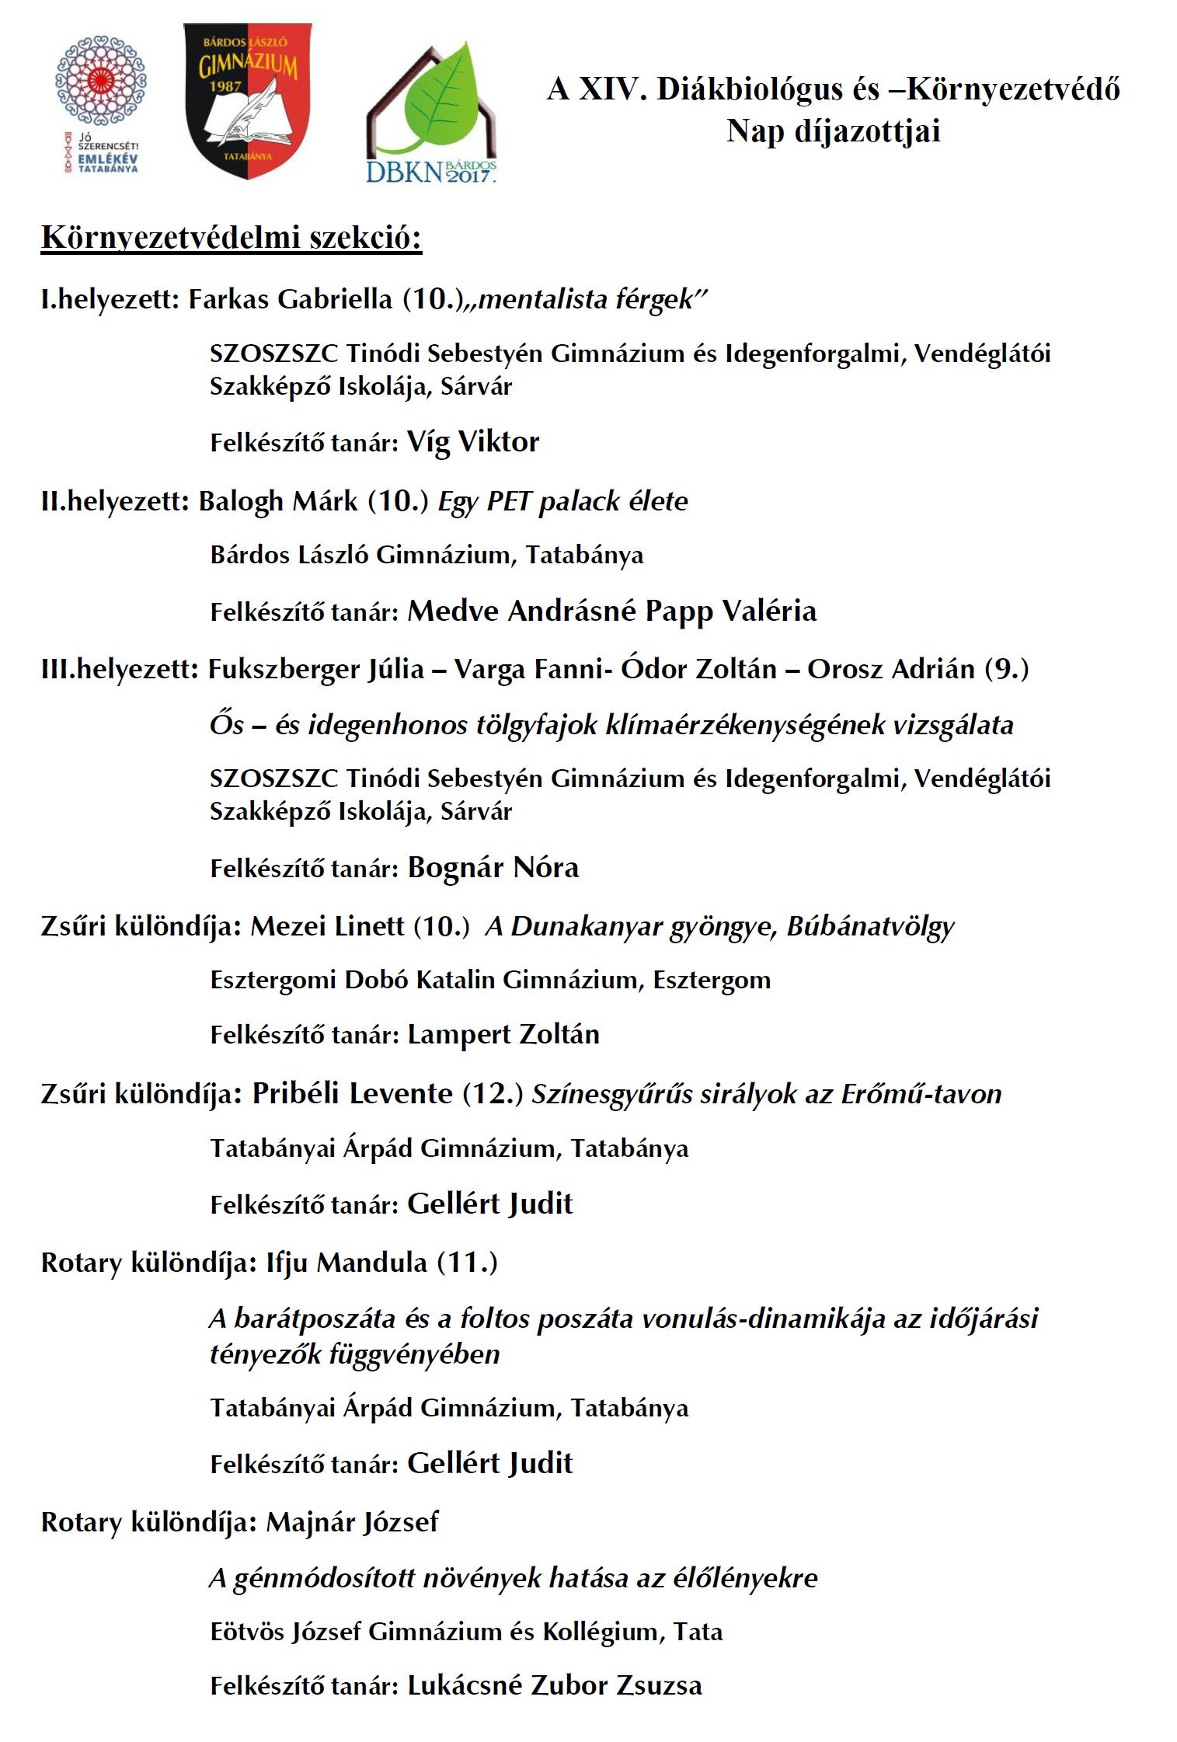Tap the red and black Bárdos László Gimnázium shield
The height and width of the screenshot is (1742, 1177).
click(x=247, y=99)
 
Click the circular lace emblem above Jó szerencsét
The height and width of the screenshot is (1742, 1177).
click(x=101, y=80)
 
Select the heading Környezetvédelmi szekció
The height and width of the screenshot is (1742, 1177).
click(x=232, y=238)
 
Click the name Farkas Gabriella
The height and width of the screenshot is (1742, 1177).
click(x=291, y=299)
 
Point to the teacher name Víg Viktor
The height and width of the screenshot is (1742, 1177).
click(x=473, y=442)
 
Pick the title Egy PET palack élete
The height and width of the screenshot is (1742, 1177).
click(x=563, y=501)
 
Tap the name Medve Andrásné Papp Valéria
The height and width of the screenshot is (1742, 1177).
click(x=612, y=611)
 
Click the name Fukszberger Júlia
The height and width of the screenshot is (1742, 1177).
click(x=316, y=669)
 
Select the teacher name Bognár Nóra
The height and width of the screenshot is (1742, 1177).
click(x=493, y=868)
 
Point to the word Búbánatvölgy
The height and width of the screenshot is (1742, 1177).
click(x=870, y=926)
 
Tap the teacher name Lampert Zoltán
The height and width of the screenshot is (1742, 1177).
click(x=503, y=1035)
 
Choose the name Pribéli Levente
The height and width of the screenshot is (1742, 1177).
click(x=352, y=1094)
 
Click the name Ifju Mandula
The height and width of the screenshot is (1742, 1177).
click(x=346, y=1263)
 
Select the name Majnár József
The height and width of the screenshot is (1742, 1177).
click(x=352, y=1522)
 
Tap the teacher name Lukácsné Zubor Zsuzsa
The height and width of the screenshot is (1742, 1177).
click(x=555, y=1686)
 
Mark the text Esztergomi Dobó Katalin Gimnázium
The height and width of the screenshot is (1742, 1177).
click(x=427, y=980)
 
